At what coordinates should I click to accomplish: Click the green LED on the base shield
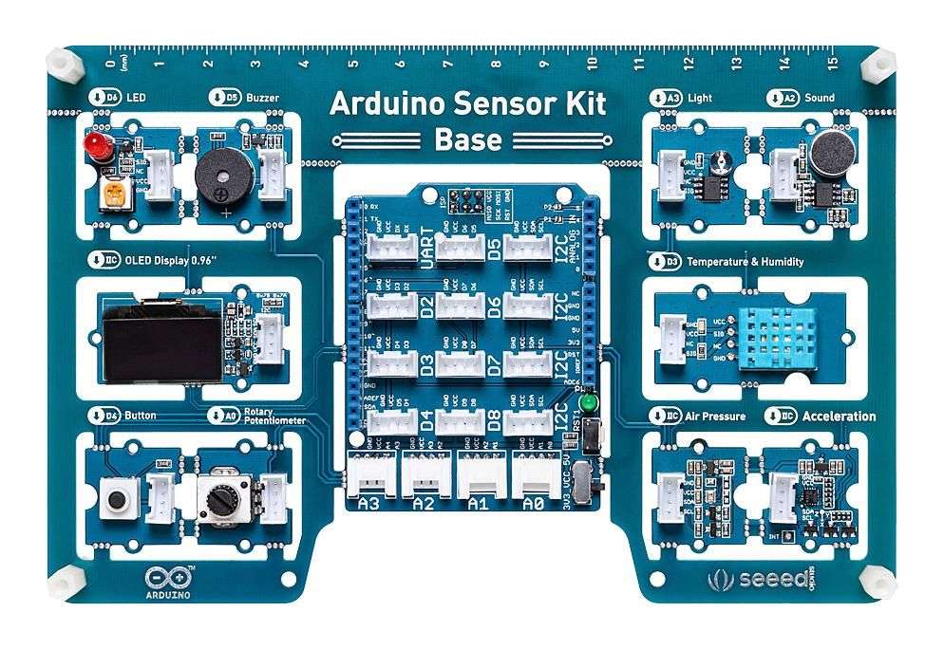pyautogui.click(x=589, y=404)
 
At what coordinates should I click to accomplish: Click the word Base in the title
pyautogui.click(x=467, y=139)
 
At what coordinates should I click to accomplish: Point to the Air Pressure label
pyautogui.click(x=715, y=417)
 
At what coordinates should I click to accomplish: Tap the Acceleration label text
pyautogui.click(x=839, y=417)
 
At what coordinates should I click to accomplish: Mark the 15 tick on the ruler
pyautogui.click(x=833, y=65)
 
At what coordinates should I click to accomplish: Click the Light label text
pyautogui.click(x=701, y=98)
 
